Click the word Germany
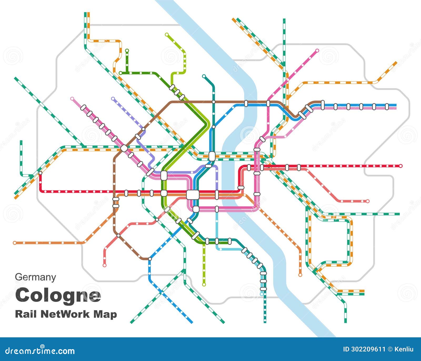35,277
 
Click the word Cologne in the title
58,296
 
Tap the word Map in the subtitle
105,314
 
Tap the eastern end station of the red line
401,166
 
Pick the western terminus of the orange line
15,243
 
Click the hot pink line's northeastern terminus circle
317,50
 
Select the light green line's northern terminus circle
167,34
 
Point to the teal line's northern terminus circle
204,76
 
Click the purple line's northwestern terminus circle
113,99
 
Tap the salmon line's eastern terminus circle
368,201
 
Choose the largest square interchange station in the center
193,195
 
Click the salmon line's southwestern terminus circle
104,266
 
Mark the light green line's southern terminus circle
204,284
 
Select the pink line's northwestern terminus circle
72,99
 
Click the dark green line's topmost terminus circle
127,50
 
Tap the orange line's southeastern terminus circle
300,275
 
